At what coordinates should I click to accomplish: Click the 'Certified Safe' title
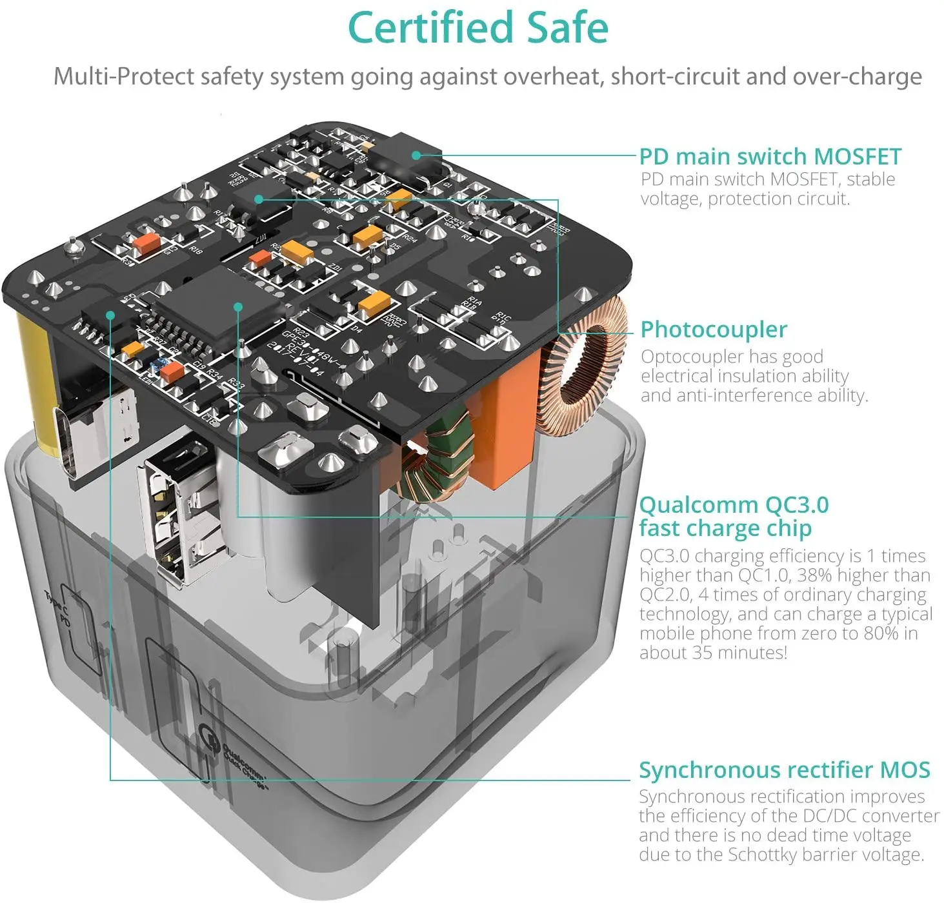coord(477,28)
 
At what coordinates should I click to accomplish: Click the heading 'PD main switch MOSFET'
coord(770,157)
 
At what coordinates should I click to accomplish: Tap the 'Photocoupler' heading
coord(713,330)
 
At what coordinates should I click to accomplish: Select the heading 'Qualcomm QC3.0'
coord(734,505)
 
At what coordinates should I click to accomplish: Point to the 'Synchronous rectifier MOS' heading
coord(784,770)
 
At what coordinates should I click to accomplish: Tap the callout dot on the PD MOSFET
coord(416,155)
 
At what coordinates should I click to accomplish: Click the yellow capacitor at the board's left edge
coord(35,381)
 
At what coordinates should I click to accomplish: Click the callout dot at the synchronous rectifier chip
coord(111,315)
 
